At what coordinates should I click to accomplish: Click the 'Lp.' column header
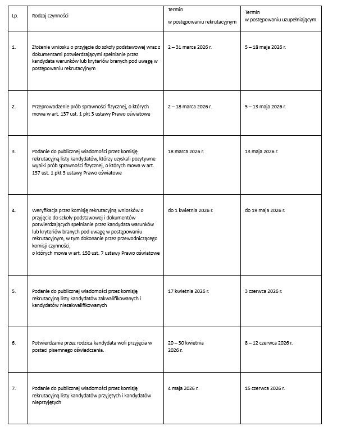click(x=15, y=16)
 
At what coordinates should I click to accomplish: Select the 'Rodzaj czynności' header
click(x=50, y=16)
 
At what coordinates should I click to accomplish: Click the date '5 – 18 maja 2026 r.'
click(x=265, y=48)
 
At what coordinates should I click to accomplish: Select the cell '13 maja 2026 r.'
click(x=261, y=152)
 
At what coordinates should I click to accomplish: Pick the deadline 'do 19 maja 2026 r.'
click(x=265, y=210)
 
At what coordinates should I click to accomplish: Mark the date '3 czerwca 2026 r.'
click(x=263, y=291)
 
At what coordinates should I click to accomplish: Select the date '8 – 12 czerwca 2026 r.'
click(x=268, y=342)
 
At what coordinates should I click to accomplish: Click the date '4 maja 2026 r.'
click(x=183, y=388)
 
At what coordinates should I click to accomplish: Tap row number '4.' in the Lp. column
click(x=14, y=210)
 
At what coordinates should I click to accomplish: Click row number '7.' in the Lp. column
click(x=14, y=388)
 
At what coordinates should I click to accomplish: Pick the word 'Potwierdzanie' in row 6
click(x=47, y=342)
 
